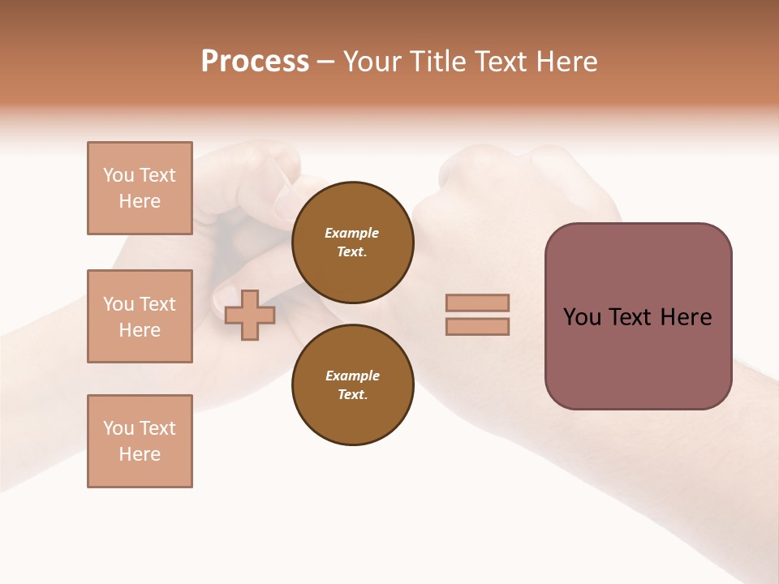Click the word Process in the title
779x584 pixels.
click(255, 62)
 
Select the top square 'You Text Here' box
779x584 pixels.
click(140, 188)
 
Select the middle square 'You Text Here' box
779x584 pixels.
click(140, 316)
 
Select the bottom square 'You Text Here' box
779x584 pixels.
click(140, 441)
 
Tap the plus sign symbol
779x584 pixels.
click(250, 314)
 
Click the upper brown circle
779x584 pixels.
click(352, 243)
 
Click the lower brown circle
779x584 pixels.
click(352, 385)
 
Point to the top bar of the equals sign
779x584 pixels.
click(477, 303)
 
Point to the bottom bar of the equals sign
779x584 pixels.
click(477, 326)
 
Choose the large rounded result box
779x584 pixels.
click(638, 316)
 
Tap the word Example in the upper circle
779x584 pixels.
click(351, 233)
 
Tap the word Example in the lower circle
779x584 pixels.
click(352, 376)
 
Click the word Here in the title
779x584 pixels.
click(565, 62)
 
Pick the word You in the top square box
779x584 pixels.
click(117, 175)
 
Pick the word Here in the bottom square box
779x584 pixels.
click(140, 454)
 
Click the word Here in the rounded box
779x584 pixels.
click(686, 317)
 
